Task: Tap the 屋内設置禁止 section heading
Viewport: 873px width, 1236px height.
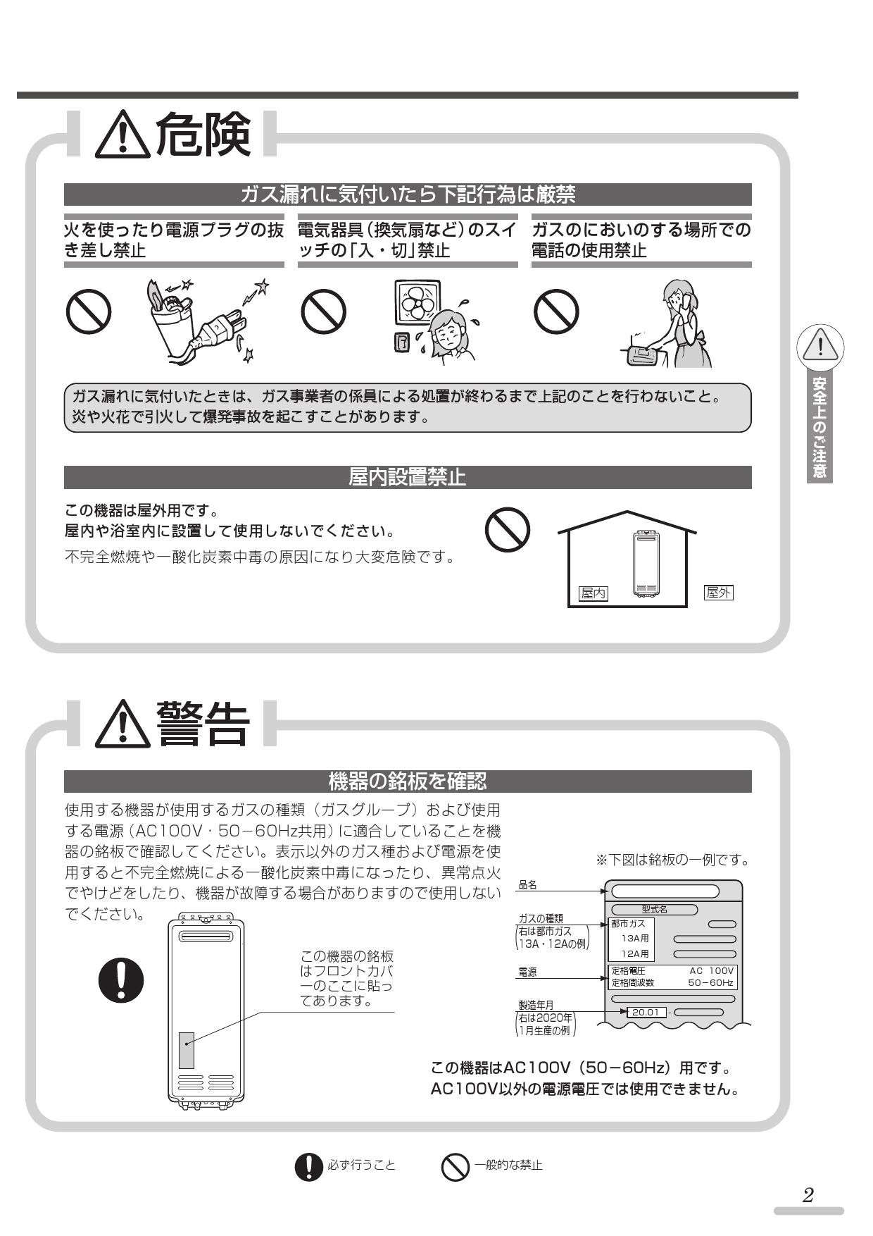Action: point(407,478)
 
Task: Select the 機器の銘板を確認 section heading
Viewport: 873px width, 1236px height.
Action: point(407,781)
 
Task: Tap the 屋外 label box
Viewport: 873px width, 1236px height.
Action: point(718,593)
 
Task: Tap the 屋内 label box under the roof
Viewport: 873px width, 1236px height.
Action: point(593,594)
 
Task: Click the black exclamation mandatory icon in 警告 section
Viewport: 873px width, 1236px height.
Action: point(120,979)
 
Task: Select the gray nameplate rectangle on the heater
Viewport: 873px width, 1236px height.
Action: point(186,1050)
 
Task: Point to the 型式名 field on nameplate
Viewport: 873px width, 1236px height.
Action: point(654,910)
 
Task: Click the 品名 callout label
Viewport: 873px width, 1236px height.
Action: point(527,885)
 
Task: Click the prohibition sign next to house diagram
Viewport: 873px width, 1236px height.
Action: point(508,530)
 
